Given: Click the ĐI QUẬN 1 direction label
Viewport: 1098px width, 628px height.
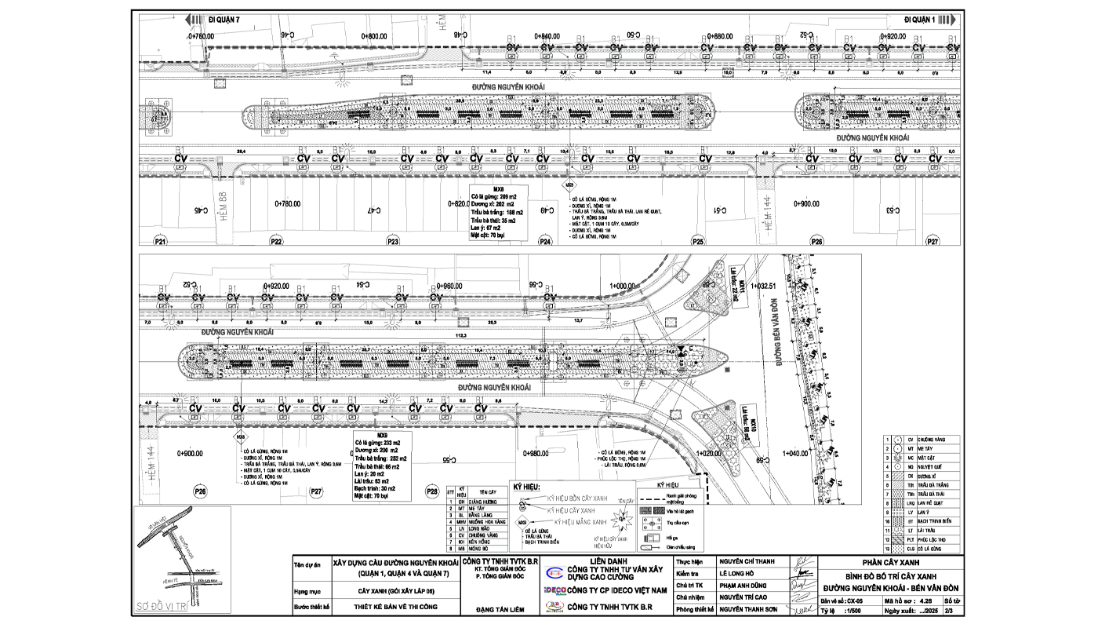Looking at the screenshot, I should (x=920, y=18).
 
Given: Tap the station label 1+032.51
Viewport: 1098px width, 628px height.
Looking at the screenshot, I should (x=762, y=287).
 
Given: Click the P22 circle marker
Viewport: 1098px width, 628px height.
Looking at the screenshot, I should (x=276, y=243).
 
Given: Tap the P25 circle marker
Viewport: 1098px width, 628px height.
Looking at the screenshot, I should (x=698, y=243).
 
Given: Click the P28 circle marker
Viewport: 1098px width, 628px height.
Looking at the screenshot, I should (x=431, y=491).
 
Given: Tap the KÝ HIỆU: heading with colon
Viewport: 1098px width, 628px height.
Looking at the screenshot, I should (x=526, y=487).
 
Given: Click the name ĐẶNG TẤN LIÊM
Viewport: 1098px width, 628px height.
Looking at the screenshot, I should (x=499, y=607).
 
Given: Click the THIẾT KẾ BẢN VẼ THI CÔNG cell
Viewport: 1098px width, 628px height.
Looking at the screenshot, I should (x=394, y=607).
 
